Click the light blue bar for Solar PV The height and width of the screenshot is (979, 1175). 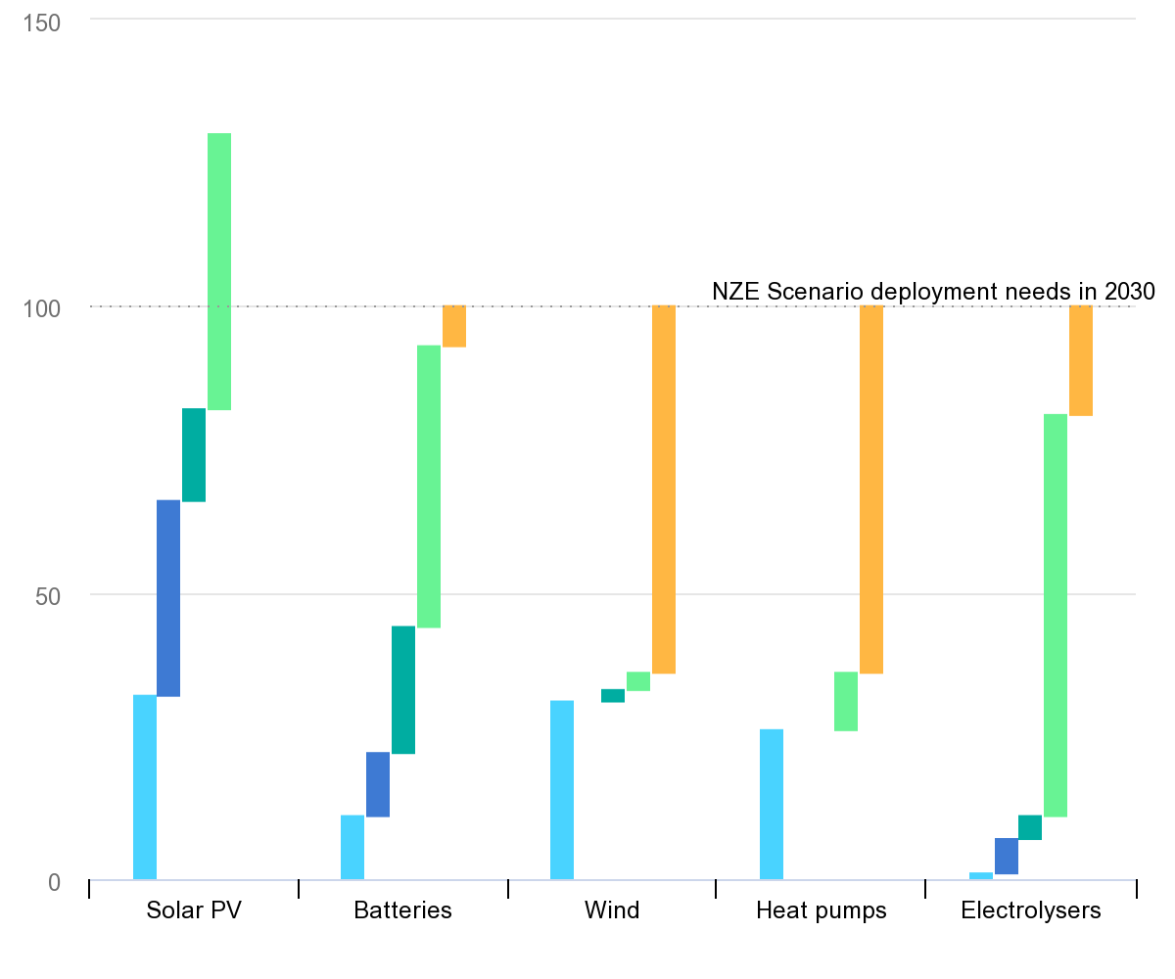coord(145,787)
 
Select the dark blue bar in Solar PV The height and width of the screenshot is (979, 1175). coord(168,598)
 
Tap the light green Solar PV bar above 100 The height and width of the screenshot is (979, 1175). coord(219,271)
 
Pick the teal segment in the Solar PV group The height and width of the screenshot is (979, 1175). coord(194,455)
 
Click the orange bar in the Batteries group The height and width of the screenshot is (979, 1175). coord(454,326)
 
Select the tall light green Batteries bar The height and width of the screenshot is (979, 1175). coord(429,487)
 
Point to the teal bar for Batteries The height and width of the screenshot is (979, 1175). coord(403,689)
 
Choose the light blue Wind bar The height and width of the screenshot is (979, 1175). coord(562,790)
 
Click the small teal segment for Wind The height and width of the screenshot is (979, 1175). coord(613,696)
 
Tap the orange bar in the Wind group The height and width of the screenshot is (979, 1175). coord(664,489)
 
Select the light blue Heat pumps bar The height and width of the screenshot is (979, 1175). coord(772,805)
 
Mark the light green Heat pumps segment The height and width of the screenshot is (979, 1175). coord(846,701)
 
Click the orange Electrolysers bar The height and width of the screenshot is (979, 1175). coord(1081,360)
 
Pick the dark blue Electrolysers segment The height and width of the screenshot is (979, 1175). coord(1007,856)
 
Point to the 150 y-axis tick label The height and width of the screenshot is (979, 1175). coord(42,22)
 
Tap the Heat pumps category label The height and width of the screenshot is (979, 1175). coord(821,910)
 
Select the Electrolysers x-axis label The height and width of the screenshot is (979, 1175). coord(1030,910)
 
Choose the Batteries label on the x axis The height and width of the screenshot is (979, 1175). coord(402,910)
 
